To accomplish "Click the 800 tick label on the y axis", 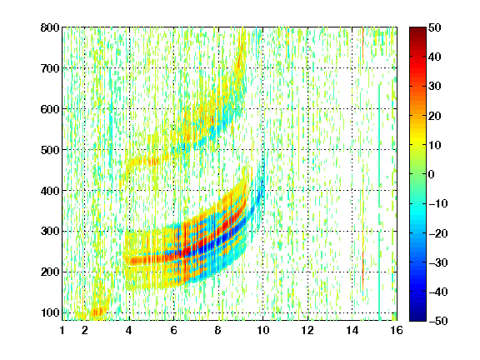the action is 50,27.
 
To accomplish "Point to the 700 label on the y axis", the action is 50,68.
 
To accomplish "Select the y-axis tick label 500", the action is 50,150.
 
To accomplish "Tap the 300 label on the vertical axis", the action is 50,231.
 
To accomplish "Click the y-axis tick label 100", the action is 50,312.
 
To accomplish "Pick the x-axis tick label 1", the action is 62,330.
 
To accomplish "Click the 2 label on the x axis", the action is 84,330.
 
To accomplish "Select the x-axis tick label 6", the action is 174,330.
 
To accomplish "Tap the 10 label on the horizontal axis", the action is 263,330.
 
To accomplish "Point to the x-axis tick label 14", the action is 352,330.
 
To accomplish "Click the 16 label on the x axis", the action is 397,330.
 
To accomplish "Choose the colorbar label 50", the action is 435,27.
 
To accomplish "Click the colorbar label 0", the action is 432,174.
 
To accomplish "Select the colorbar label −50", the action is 438,321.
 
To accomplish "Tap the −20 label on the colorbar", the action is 438,233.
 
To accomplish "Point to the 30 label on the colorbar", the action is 435,87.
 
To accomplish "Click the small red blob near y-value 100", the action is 98,312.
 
